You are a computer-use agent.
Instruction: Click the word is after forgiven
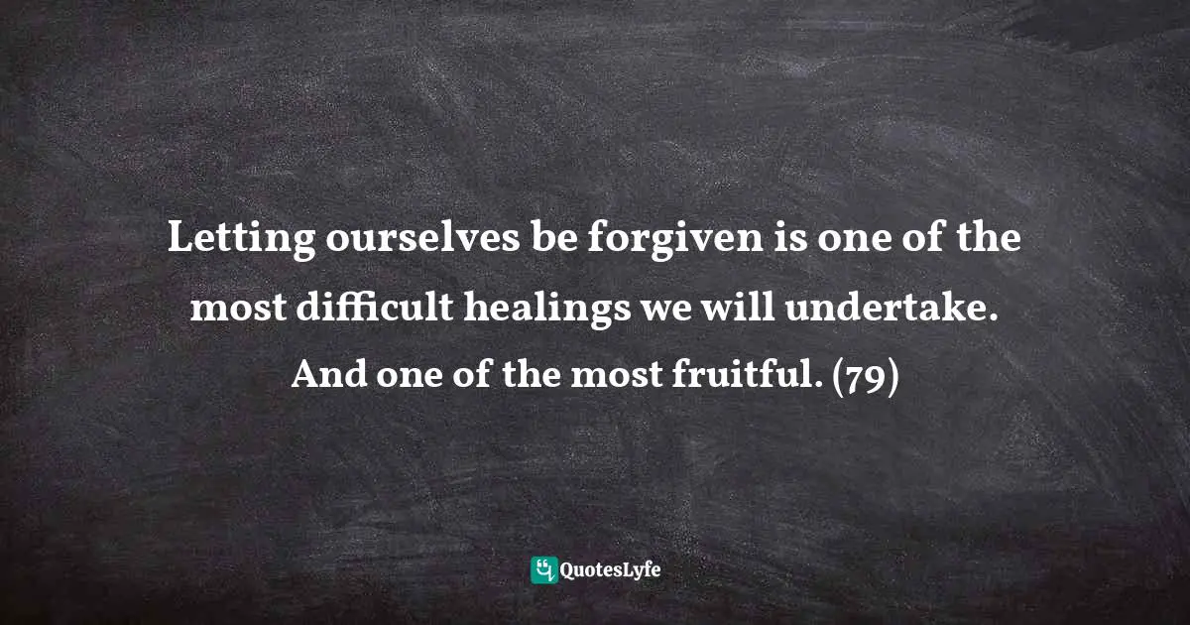point(732,239)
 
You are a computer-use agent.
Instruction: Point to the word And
point(326,378)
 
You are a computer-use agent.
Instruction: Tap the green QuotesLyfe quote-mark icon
point(543,569)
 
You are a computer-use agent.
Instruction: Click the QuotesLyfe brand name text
point(611,570)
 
